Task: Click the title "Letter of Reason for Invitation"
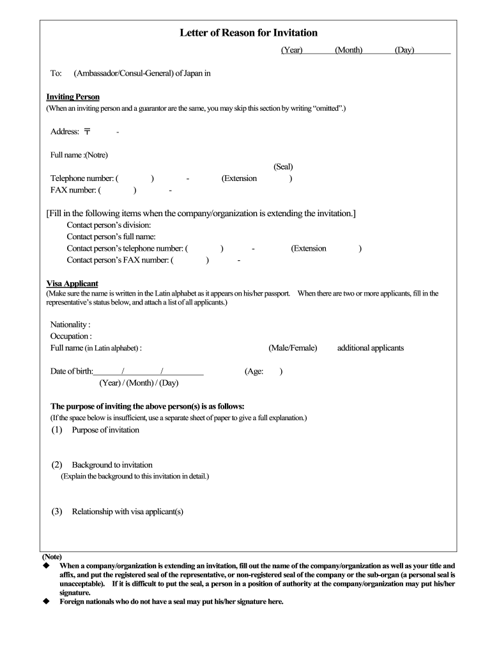[249, 33]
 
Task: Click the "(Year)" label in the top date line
[291, 50]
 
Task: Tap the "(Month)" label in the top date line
[348, 50]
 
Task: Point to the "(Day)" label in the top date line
[404, 50]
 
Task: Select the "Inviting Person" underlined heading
[73, 97]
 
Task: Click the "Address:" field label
[65, 132]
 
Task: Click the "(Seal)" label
[283, 166]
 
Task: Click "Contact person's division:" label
[109, 225]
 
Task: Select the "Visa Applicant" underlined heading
[72, 283]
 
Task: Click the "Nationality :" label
[70, 324]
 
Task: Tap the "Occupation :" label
[71, 336]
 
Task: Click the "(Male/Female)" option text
[293, 348]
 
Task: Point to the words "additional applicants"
[371, 348]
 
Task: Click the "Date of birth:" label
[72, 371]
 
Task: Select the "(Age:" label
[254, 371]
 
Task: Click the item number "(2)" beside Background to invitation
[57, 465]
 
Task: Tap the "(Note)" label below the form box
[52, 556]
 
